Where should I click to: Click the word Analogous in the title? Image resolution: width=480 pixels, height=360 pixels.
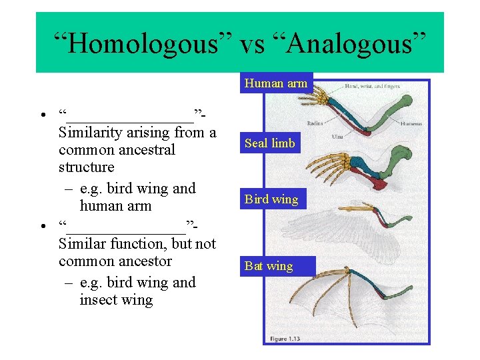pyautogui.click(x=346, y=44)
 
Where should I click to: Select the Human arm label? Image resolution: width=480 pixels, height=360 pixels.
pyautogui.click(x=275, y=83)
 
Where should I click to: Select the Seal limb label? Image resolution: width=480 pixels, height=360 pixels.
pyautogui.click(x=269, y=143)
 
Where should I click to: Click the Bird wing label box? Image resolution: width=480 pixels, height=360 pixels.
pyautogui.click(x=271, y=199)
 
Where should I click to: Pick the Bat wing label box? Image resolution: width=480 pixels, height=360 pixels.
pyautogui.click(x=269, y=266)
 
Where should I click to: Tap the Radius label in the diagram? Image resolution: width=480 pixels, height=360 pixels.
pyautogui.click(x=315, y=123)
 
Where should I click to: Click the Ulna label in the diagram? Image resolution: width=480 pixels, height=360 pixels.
pyautogui.click(x=337, y=137)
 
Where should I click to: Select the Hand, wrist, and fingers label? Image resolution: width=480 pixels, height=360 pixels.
pyautogui.click(x=374, y=86)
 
